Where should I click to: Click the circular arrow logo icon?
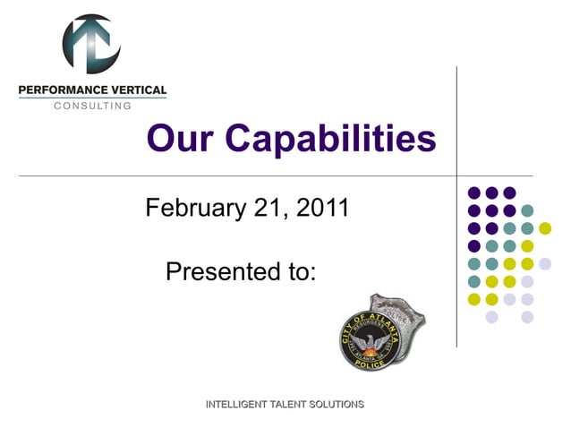coord(90,44)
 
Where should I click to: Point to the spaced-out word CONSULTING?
coord(92,106)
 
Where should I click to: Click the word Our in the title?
coord(179,139)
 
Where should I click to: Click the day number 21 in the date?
coord(270,209)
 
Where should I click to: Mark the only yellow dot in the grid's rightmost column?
coord(545,227)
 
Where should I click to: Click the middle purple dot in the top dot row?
coord(491,193)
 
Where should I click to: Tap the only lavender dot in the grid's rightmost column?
coord(545,263)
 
